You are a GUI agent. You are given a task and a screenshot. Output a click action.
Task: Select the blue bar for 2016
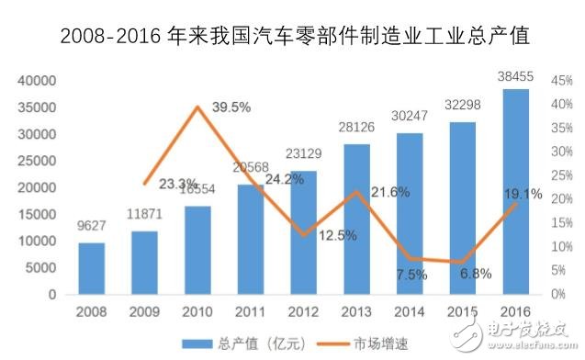click(515, 192)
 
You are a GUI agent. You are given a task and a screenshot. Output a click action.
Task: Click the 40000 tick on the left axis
click(39, 81)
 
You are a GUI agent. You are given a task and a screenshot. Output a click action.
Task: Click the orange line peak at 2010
click(197, 107)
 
